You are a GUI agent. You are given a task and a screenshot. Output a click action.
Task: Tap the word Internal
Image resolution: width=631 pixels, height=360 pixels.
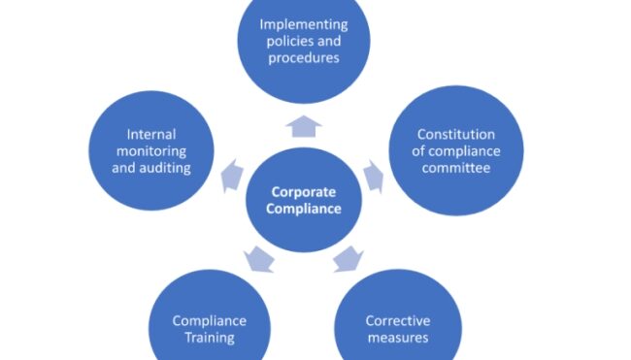point(156,134)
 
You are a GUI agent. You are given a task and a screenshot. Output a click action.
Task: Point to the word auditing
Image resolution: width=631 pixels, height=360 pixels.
point(178,167)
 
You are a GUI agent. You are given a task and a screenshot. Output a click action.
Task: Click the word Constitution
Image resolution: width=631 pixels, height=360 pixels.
point(455,134)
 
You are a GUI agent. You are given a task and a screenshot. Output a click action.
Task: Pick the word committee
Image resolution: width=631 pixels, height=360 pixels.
point(455,167)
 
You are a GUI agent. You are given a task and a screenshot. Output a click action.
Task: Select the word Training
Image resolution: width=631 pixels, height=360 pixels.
point(209,338)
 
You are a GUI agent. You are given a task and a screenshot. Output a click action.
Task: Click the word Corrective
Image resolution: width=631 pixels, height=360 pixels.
point(397,321)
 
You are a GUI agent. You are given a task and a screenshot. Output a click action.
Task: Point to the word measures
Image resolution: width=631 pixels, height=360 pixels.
point(397,338)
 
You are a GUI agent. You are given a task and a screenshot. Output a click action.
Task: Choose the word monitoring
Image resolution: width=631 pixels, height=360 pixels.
point(156,150)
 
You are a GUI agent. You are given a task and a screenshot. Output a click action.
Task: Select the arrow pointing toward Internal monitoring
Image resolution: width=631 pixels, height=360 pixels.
point(230,175)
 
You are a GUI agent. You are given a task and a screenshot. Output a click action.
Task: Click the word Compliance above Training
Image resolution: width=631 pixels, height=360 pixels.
point(209,321)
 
